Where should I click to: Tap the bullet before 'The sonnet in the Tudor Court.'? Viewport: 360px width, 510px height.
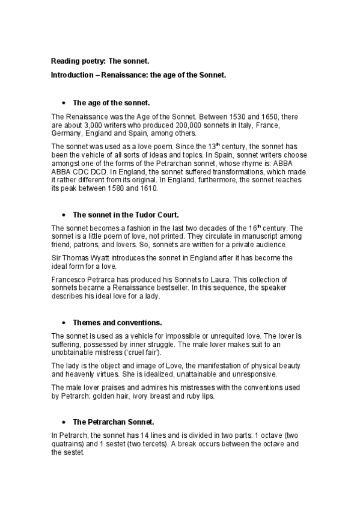pos(63,214)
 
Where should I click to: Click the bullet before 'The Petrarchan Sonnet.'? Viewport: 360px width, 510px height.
pos(63,422)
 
